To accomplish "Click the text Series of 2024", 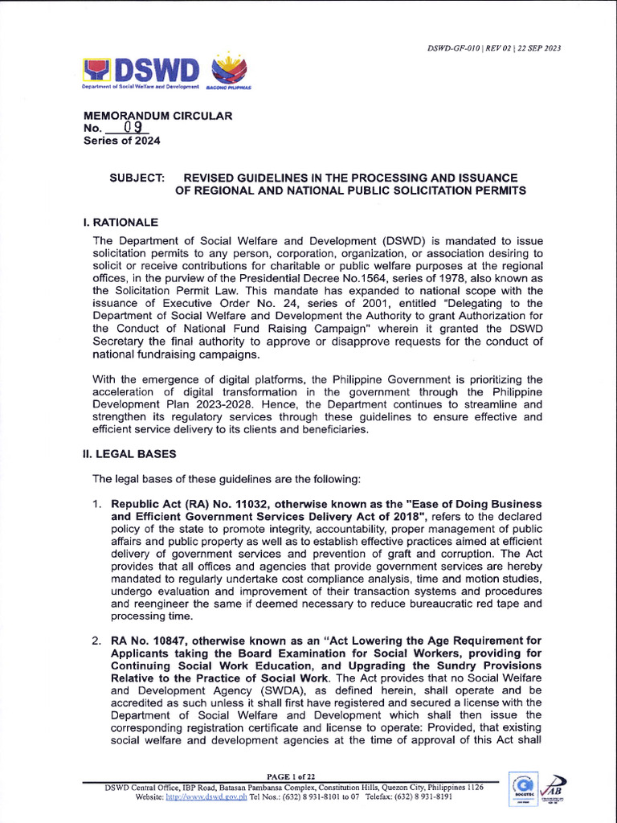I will [x=121, y=141].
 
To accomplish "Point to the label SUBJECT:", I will [x=137, y=178].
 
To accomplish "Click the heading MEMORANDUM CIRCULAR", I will [x=157, y=116].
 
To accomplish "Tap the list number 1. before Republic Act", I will [x=96, y=504].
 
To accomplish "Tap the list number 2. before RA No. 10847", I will [x=96, y=641].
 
